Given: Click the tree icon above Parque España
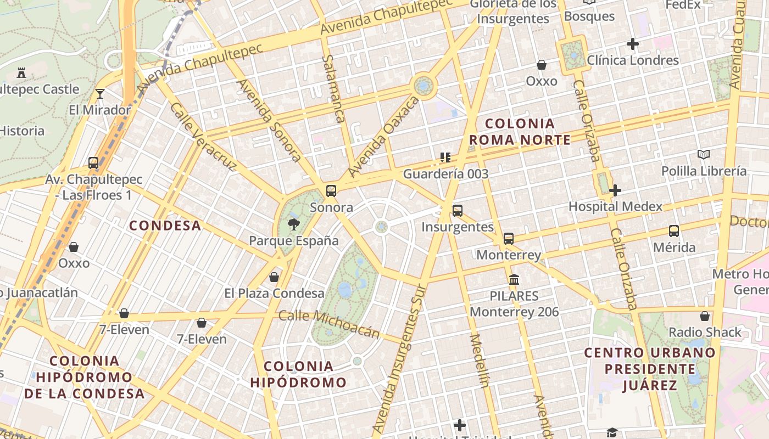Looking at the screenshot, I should (x=294, y=223).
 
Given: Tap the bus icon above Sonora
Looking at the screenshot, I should (x=331, y=191).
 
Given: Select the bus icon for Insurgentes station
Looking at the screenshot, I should (x=457, y=210).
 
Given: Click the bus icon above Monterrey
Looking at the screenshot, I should (x=509, y=238).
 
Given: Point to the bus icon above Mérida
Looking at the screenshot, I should (x=674, y=231).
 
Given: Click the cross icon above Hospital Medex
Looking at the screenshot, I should (x=615, y=190).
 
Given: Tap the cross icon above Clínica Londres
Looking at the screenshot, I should (x=633, y=44).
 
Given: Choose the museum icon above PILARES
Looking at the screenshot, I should (x=514, y=280).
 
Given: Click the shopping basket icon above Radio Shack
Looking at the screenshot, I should (x=705, y=316).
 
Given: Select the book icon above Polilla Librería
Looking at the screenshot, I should (x=704, y=155).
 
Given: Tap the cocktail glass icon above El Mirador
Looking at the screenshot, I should (x=100, y=94).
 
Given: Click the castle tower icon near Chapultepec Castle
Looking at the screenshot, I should (x=21, y=72).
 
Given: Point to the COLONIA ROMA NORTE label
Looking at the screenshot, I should (x=520, y=132).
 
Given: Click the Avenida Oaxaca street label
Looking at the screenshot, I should (x=383, y=137).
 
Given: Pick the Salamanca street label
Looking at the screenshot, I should (x=334, y=88).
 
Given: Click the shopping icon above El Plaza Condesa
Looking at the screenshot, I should (x=274, y=277).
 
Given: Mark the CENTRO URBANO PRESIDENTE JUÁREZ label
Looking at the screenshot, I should (x=650, y=369).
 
